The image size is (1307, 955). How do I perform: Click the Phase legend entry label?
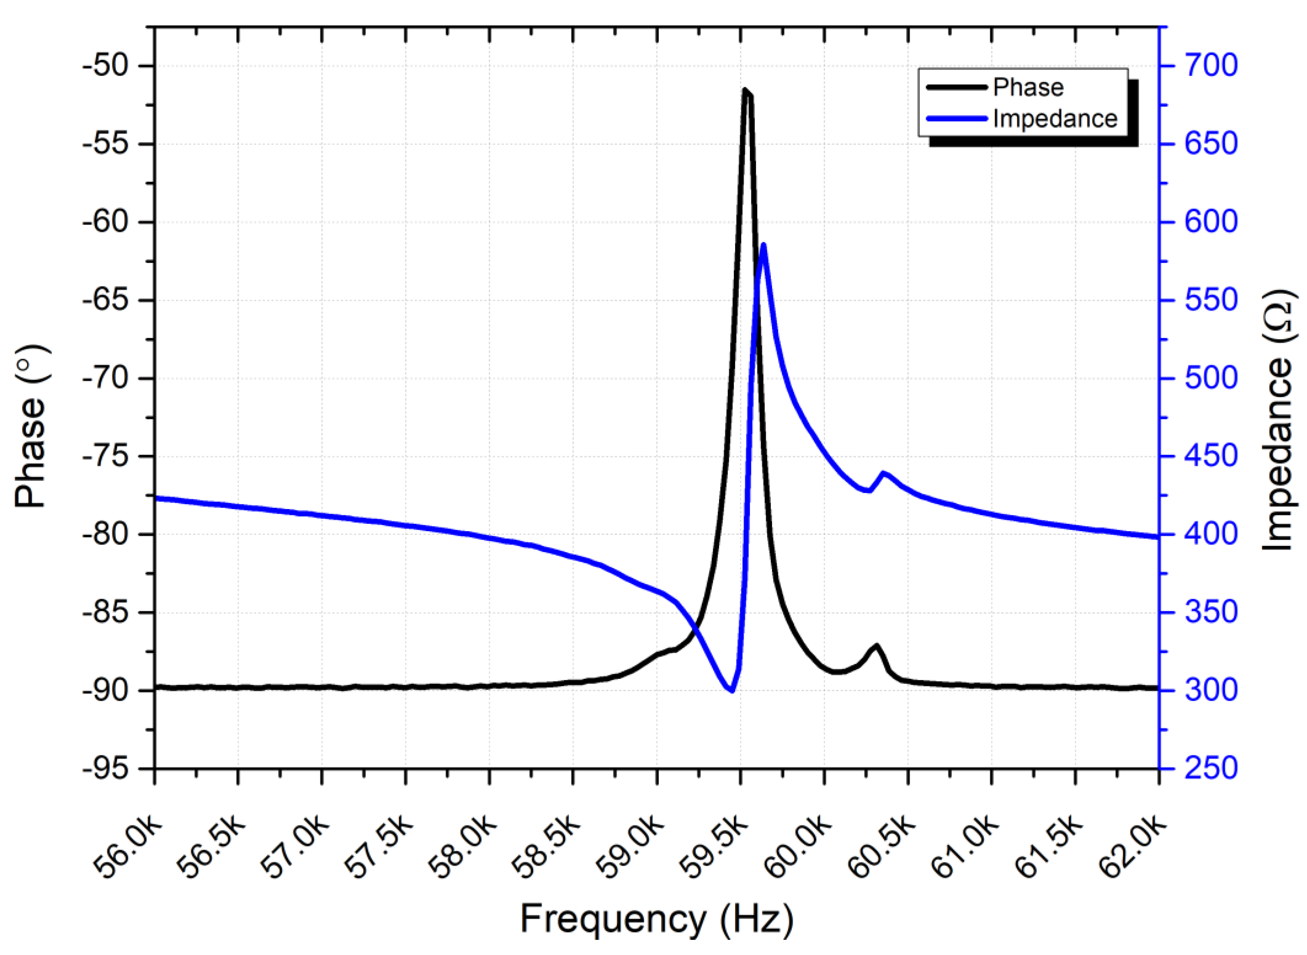click(x=1028, y=87)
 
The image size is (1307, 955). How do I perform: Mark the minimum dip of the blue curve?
click(x=732, y=690)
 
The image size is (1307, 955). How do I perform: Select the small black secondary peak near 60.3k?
click(x=877, y=646)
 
